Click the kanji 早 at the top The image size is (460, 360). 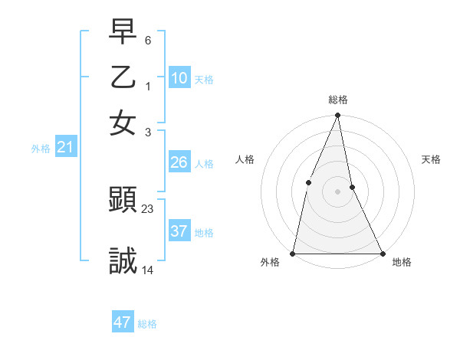pos(123,31)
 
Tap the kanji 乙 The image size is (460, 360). pos(123,77)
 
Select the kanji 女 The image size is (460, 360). pos(123,123)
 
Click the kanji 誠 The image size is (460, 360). pos(123,262)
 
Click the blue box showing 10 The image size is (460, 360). pos(179,78)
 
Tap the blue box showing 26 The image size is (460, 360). pos(179,162)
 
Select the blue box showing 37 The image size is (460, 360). pos(179,231)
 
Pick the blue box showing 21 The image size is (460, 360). pos(64,147)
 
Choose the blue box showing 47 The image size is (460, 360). pos(123,322)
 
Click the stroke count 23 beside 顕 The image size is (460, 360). pos(148,208)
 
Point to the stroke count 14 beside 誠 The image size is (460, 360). pos(148,270)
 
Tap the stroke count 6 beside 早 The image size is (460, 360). pos(148,40)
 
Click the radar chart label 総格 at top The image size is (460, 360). pos(337,100)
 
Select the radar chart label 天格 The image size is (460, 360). pos(432,159)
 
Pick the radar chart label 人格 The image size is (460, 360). pos(245,159)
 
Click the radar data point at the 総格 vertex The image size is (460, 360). pos(337,116)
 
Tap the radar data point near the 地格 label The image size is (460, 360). pos(382,253)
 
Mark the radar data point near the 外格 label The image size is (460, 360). pos(293,253)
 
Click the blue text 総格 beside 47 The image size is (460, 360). pos(147,324)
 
